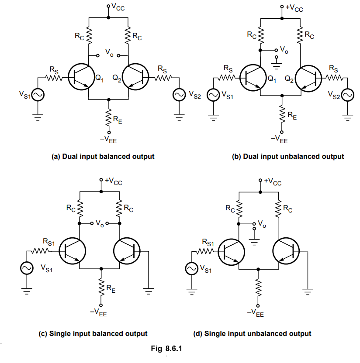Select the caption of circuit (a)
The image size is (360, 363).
103,156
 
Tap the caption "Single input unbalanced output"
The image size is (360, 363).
252,333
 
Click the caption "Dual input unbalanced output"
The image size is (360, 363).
287,156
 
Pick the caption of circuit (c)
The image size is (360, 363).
93,333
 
